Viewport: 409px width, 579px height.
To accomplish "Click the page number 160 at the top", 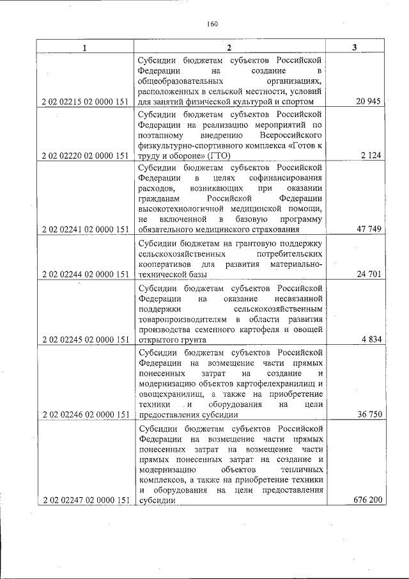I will point(213,24).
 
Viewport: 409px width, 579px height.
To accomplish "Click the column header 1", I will point(84,48).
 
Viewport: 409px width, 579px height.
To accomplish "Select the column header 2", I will point(229,48).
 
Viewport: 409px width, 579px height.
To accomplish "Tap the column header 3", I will point(355,48).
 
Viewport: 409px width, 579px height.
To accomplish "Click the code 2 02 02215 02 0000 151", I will point(84,101).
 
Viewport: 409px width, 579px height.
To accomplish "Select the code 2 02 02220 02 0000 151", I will point(84,155).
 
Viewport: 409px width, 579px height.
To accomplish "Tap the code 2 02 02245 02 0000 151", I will point(84,340).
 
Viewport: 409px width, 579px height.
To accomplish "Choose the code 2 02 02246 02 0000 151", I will point(84,415).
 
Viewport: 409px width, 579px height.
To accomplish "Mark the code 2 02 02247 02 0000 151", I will point(84,500).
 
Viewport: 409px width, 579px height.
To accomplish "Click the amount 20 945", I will point(369,101).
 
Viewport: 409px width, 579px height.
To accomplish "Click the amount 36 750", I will point(369,415).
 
